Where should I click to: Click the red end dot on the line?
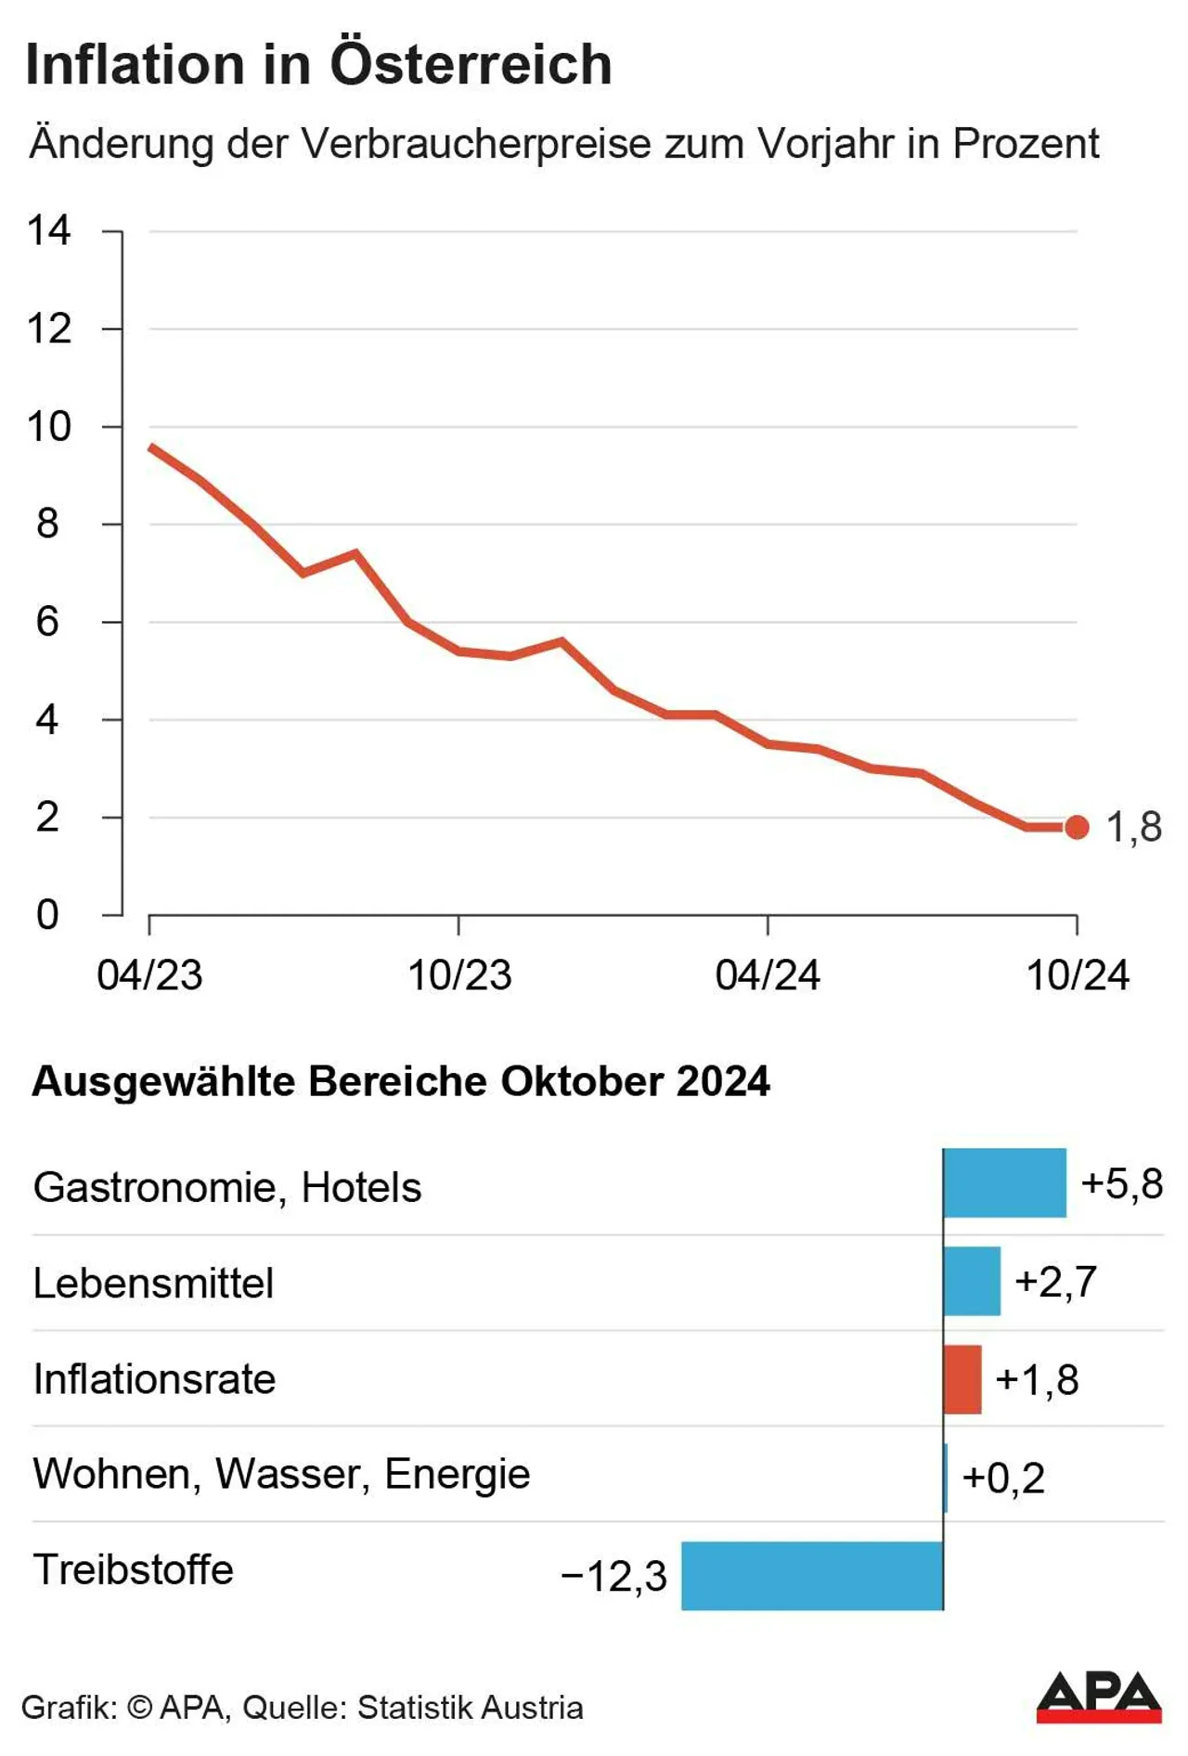click(1077, 827)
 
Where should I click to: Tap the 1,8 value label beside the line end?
click(1133, 827)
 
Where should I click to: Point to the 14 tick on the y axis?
click(49, 231)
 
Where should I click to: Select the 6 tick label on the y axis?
click(47, 622)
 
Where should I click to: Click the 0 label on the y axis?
click(47, 915)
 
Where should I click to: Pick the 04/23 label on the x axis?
click(149, 975)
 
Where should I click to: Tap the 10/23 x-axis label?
click(459, 975)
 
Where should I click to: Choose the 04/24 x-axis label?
click(768, 975)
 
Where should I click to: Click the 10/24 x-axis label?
click(1078, 975)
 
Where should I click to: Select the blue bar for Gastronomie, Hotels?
click(1004, 1183)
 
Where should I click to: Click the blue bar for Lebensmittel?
click(972, 1282)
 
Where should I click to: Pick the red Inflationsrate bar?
click(962, 1379)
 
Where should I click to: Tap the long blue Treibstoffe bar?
click(812, 1576)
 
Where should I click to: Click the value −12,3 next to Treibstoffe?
click(614, 1576)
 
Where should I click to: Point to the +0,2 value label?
click(1003, 1478)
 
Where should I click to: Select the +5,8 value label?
click(1121, 1184)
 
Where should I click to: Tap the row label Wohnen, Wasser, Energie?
click(281, 1474)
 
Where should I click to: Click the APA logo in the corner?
click(1099, 1697)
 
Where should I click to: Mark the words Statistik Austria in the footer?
click(470, 1708)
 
